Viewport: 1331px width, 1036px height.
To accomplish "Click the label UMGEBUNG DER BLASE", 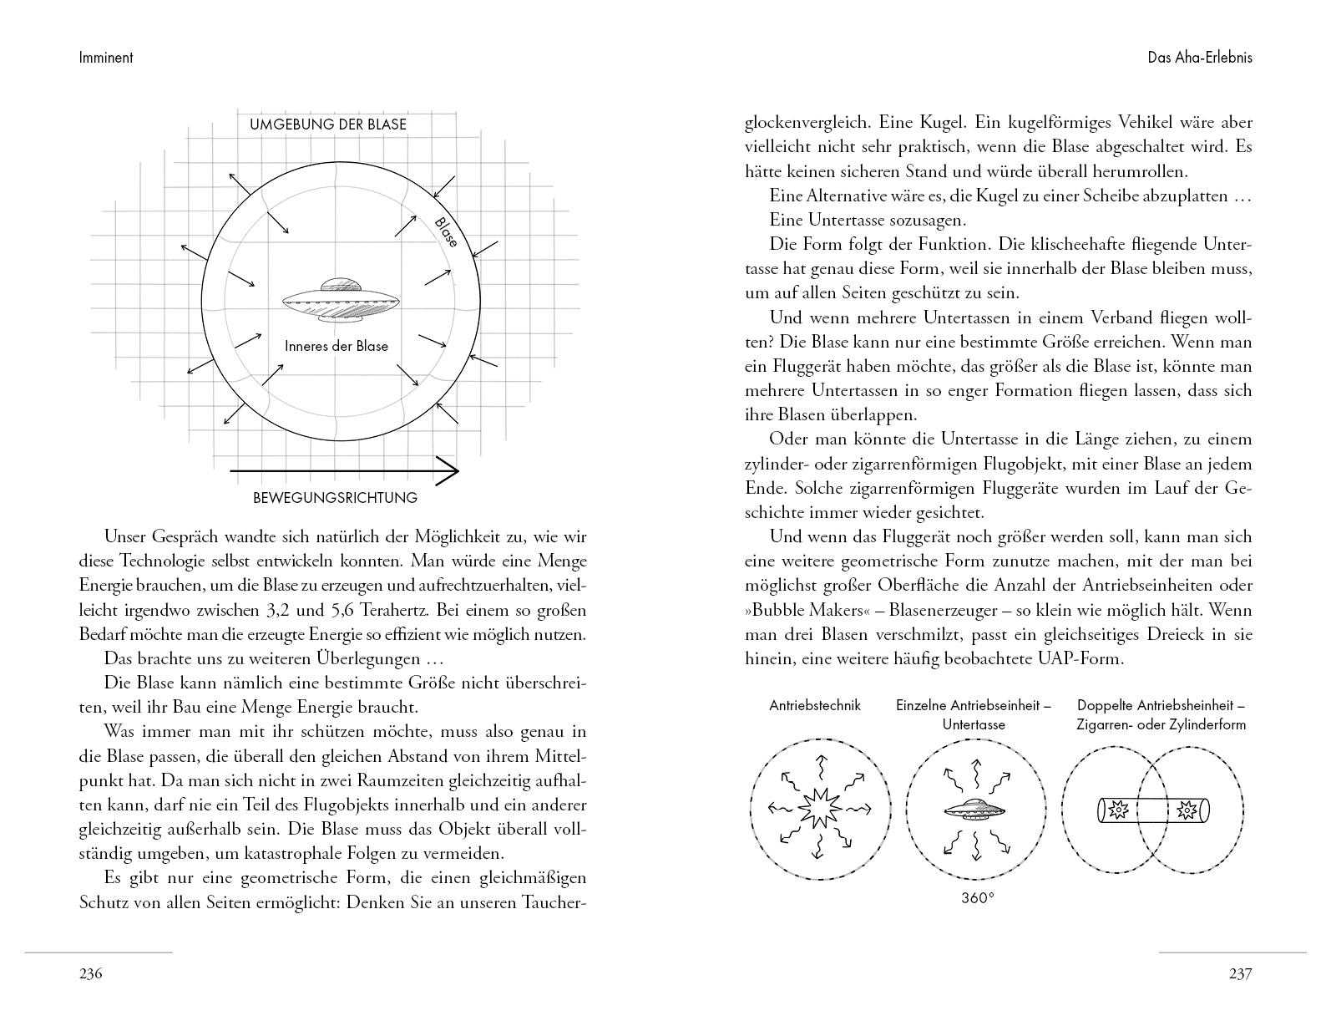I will [x=328, y=124].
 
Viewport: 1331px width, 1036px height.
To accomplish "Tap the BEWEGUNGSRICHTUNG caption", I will [x=335, y=498].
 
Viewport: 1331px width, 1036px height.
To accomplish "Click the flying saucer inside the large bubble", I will [x=340, y=300].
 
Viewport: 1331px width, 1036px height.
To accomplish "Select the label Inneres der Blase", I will [x=336, y=346].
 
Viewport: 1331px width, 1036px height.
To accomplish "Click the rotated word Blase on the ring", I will [x=447, y=232].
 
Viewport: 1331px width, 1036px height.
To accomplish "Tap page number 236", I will [x=90, y=973].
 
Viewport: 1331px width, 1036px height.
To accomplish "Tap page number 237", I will [x=1240, y=973].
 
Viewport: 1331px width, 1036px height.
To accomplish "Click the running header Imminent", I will [x=106, y=58].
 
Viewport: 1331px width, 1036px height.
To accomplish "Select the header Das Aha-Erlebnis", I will [x=1200, y=58].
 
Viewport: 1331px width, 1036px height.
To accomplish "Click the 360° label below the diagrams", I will [x=978, y=898].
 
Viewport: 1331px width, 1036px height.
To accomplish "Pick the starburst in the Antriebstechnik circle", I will [x=816, y=808].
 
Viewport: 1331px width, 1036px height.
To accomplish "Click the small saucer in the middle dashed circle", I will [x=974, y=808].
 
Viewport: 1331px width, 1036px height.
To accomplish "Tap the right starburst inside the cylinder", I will [x=1187, y=809].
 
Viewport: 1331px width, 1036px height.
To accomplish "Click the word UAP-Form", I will [x=1086, y=658].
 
